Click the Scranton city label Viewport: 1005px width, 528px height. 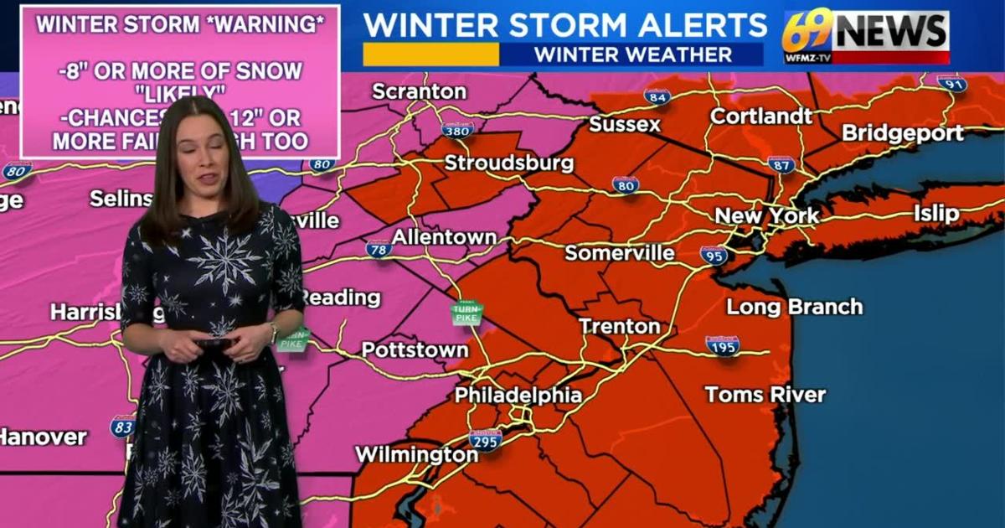[x=419, y=91]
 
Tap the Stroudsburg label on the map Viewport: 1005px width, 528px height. [x=508, y=163]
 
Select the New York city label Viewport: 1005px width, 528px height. [x=766, y=216]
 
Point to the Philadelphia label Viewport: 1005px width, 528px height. [x=518, y=396]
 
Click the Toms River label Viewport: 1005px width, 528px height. [x=765, y=394]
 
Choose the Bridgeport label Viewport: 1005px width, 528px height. [x=902, y=133]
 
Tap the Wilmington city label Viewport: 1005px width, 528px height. [x=416, y=455]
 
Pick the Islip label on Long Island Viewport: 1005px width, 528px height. [x=936, y=213]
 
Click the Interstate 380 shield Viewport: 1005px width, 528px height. [x=457, y=129]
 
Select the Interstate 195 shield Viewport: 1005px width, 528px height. [x=722, y=344]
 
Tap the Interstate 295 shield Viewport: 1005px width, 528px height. [x=485, y=440]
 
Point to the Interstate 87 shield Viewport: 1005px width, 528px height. [x=781, y=163]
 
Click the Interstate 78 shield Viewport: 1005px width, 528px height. [x=379, y=249]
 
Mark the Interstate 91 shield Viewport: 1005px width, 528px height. [x=951, y=83]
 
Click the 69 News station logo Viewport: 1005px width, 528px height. [x=866, y=37]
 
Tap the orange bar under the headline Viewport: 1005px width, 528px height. [x=430, y=54]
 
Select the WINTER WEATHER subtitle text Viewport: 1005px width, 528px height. [x=632, y=55]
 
